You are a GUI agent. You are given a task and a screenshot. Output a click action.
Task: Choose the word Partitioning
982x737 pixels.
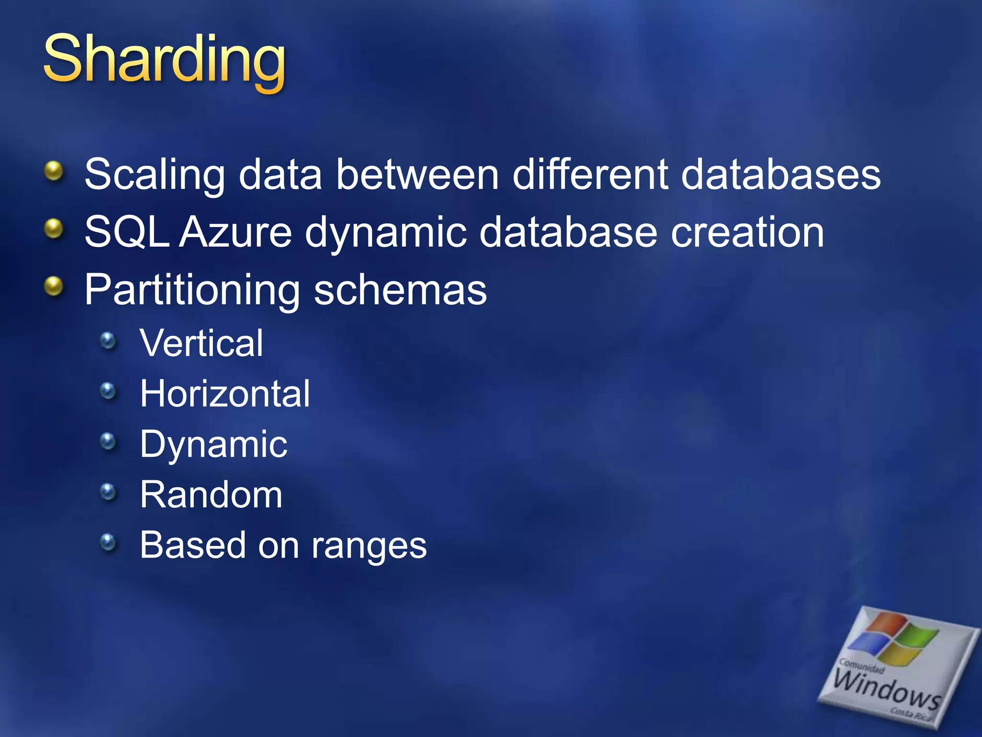pos(192,290)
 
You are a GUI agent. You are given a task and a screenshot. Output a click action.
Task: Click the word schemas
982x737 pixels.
pos(400,290)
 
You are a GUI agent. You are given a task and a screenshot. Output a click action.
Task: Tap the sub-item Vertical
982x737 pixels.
pos(201,344)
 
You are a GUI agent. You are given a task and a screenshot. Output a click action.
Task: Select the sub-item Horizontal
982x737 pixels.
pos(225,394)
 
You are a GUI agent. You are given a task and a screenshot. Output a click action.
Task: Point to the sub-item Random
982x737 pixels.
pos(211,495)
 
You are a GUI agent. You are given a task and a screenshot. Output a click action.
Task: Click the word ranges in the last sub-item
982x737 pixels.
pos(369,546)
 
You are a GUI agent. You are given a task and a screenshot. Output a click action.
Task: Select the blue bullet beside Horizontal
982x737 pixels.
pos(108,391)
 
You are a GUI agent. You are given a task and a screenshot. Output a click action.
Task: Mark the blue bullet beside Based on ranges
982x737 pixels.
pos(108,542)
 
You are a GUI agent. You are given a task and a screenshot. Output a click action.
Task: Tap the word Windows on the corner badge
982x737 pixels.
pos(887,689)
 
